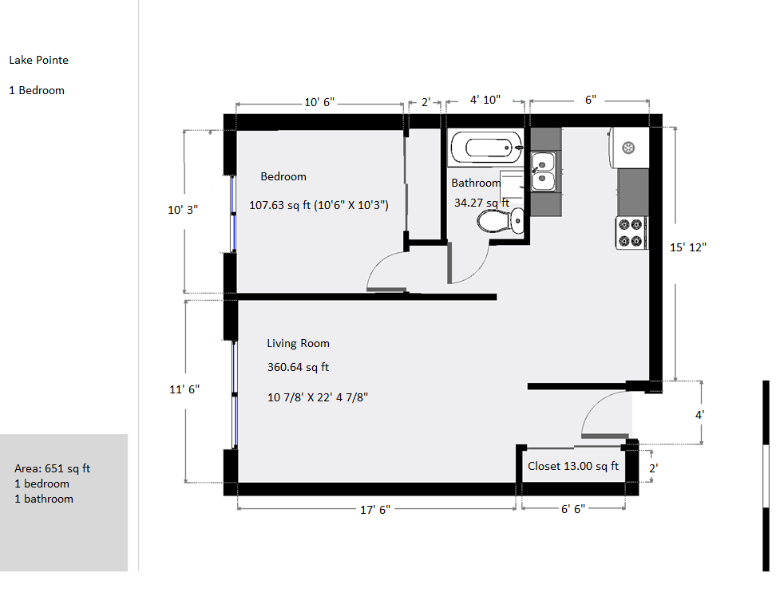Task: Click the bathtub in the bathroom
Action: coord(486,148)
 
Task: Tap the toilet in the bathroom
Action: coord(501,220)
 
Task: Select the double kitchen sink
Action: coord(543,171)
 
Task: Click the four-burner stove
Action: coord(631,232)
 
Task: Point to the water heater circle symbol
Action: coord(628,148)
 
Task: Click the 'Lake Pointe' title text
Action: coord(38,61)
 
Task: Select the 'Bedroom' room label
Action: coord(283,176)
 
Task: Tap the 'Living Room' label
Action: coord(298,343)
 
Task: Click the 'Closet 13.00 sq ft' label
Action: coord(573,466)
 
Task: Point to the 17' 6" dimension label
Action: coord(375,510)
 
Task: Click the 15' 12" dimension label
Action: coord(688,247)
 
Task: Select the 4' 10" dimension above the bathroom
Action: coord(485,100)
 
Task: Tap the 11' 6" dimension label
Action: coord(184,389)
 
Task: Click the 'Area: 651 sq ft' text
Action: coord(53,468)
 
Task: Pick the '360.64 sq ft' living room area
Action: coord(298,367)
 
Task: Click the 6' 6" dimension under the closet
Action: coord(573,509)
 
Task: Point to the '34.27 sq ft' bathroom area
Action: coord(481,203)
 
